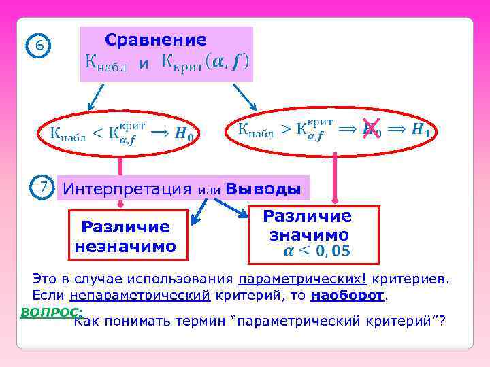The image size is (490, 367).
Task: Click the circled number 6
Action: click(x=39, y=46)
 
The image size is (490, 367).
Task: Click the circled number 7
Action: click(x=43, y=187)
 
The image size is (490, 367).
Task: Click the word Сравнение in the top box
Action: click(x=156, y=40)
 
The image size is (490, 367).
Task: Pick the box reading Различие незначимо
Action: click(x=125, y=235)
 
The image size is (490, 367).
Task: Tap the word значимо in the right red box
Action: click(x=309, y=235)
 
